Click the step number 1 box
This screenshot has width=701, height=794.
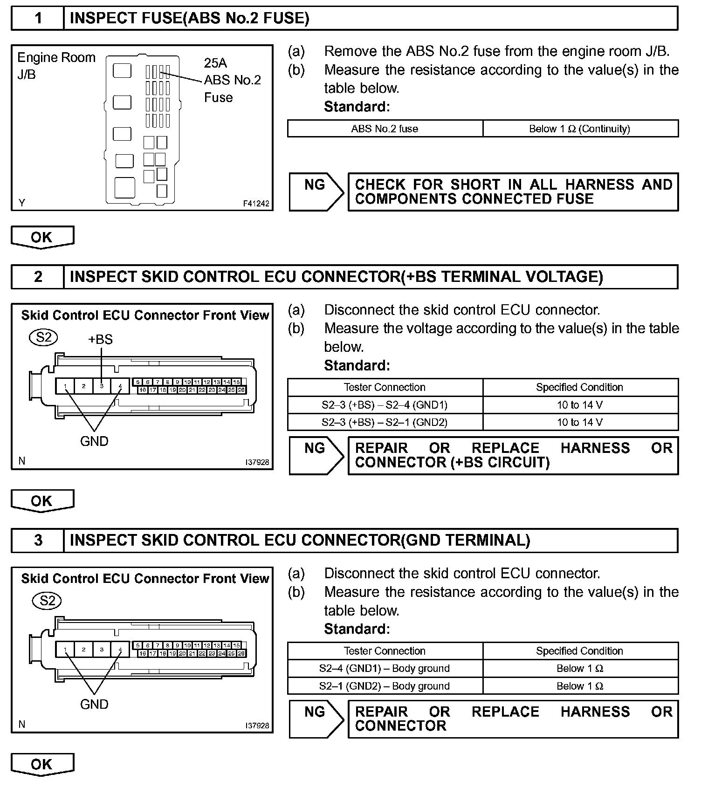38,19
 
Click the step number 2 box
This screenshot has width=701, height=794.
38,277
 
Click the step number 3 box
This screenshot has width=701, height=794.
38,541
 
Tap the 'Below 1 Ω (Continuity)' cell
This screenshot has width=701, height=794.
580,129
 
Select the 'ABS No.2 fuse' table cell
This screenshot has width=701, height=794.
385,129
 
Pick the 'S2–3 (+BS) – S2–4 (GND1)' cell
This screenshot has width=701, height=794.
385,405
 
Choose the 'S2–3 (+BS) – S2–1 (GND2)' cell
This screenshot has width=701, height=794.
385,423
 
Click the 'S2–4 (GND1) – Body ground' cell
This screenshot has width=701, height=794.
385,669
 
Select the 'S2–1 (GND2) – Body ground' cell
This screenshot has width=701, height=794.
385,686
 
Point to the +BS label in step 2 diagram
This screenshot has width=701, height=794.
100,340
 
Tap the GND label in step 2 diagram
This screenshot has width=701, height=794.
94,441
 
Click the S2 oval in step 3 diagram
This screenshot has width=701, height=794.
47,601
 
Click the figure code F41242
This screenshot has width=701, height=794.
256,204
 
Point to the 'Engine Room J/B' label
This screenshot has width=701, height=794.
56,66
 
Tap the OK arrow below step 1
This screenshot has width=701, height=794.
42,237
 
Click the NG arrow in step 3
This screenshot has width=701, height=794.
316,719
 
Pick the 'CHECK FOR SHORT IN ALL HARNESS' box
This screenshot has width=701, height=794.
513,192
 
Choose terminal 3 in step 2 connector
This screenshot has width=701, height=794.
102,386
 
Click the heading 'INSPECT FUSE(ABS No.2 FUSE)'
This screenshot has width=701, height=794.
189,19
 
